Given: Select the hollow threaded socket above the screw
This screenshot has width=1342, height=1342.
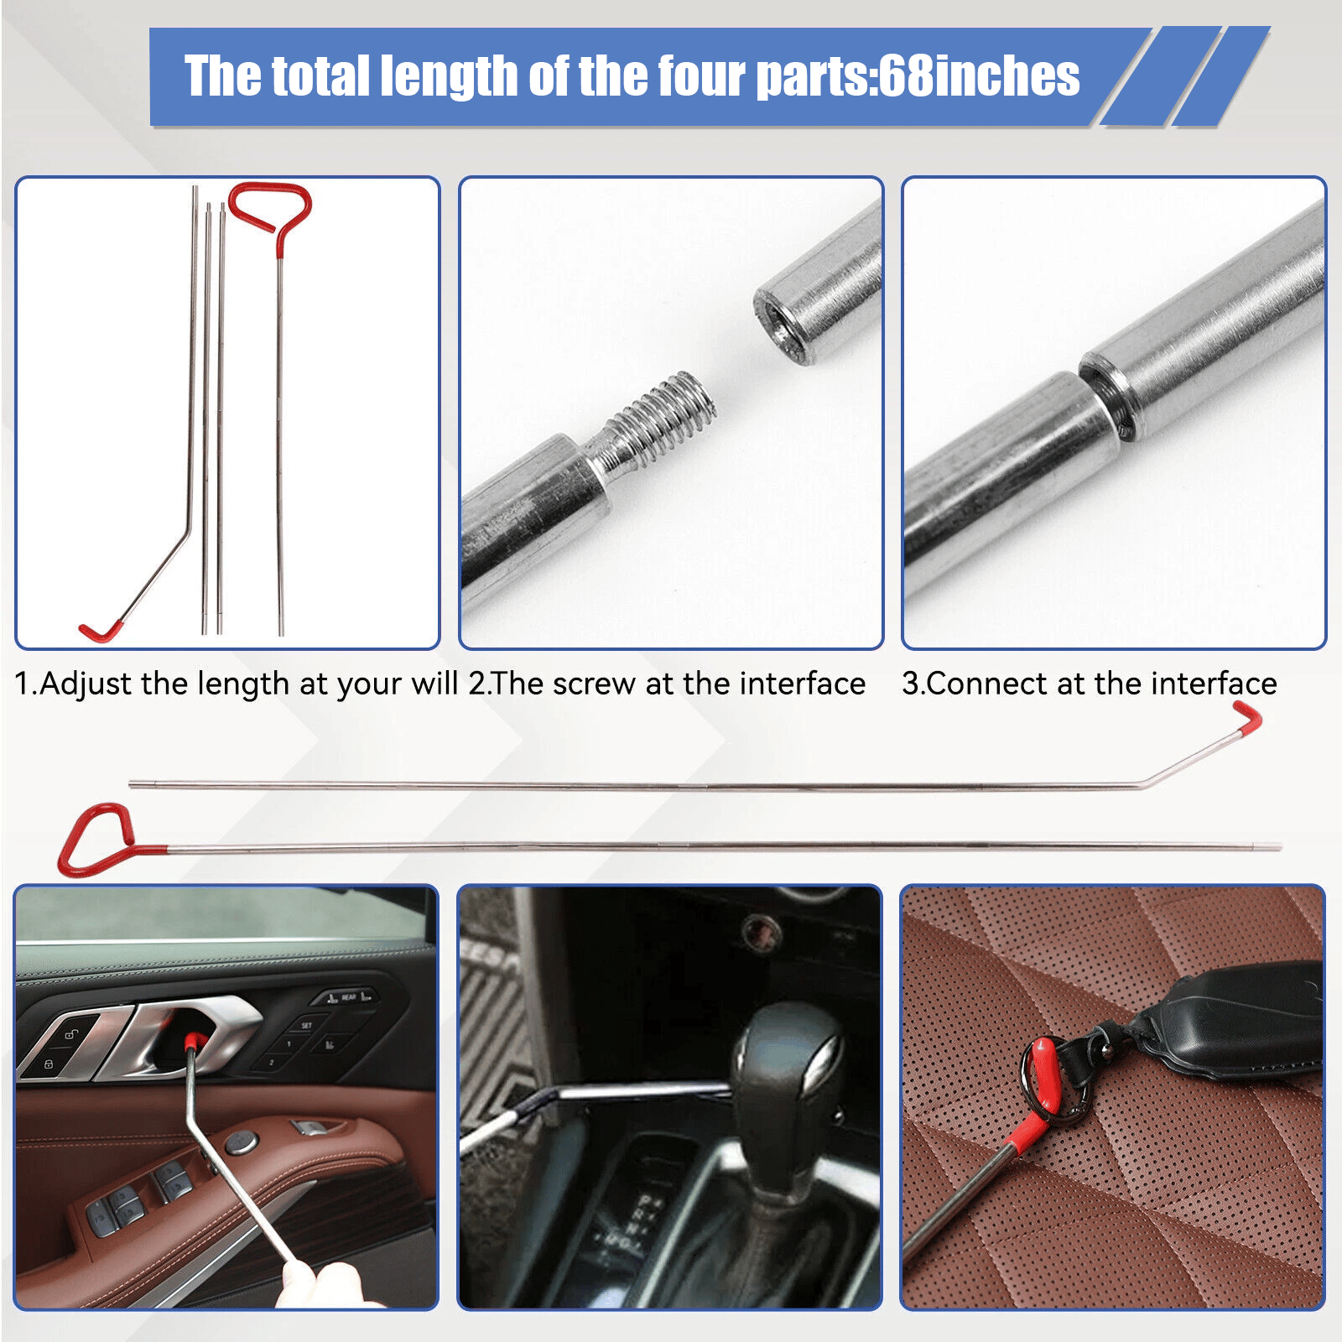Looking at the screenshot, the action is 818,289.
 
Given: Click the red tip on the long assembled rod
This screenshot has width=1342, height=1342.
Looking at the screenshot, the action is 1247,719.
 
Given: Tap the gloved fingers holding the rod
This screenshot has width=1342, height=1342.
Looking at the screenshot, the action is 323,1283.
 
